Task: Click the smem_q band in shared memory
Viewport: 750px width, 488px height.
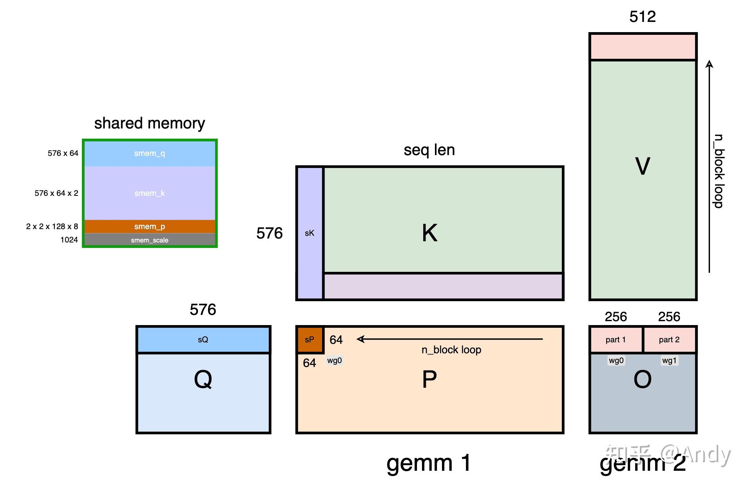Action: click(x=149, y=154)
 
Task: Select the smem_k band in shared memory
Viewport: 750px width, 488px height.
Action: click(x=149, y=193)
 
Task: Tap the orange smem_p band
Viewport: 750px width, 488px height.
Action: click(x=149, y=226)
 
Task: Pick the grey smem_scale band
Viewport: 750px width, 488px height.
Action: click(x=149, y=240)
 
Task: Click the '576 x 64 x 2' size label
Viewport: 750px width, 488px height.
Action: click(x=56, y=193)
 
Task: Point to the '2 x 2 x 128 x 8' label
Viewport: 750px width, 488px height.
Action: click(x=52, y=226)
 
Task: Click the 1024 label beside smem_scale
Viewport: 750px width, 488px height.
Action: click(x=69, y=240)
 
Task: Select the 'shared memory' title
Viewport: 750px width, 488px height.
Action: click(x=149, y=123)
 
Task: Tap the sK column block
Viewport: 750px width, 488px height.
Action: click(x=310, y=233)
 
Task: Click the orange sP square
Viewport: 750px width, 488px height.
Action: click(x=310, y=340)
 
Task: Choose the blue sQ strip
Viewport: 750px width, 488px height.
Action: click(x=203, y=340)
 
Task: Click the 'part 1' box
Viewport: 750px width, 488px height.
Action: click(x=616, y=340)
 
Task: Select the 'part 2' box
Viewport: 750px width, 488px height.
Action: click(x=669, y=340)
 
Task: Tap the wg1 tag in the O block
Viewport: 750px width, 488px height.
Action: click(x=669, y=360)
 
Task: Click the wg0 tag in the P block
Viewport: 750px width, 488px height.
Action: click(x=335, y=360)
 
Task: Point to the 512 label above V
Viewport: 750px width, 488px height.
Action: click(x=642, y=16)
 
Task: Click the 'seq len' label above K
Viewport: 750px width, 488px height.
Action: click(x=429, y=150)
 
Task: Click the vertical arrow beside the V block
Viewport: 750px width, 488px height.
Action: click(x=709, y=166)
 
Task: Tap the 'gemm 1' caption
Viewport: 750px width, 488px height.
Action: click(x=428, y=463)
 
